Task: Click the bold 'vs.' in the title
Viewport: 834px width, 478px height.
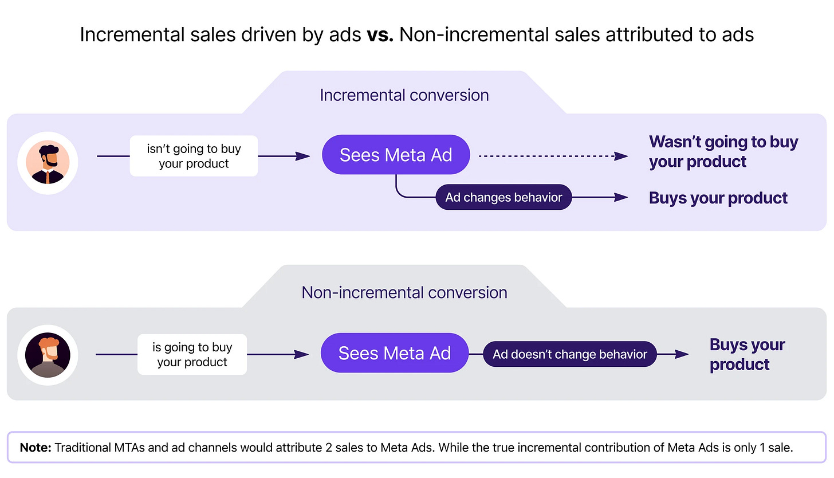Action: [x=378, y=34]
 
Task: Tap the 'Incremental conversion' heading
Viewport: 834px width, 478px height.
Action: [x=404, y=95]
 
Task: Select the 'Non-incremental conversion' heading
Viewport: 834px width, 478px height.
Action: [x=404, y=292]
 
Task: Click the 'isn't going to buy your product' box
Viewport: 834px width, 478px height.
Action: [x=194, y=156]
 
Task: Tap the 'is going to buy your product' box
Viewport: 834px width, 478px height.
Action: [x=192, y=355]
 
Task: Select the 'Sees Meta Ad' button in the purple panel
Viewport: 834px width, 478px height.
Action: [x=396, y=155]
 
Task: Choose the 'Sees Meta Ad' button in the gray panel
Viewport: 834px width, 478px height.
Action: [x=395, y=353]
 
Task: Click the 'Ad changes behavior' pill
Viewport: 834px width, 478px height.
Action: [x=503, y=197]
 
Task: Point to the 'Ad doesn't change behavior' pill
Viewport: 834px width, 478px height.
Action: [x=569, y=354]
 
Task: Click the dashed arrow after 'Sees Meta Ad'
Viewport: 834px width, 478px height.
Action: [x=550, y=155]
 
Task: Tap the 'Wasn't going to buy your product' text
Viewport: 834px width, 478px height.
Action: [x=723, y=151]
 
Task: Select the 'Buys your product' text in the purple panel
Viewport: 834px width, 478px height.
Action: [x=718, y=198]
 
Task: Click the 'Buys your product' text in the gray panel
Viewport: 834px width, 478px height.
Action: [x=746, y=354]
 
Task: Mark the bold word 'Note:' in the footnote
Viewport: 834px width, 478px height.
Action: [x=36, y=448]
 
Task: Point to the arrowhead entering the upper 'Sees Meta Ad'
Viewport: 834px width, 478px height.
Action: [x=303, y=156]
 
